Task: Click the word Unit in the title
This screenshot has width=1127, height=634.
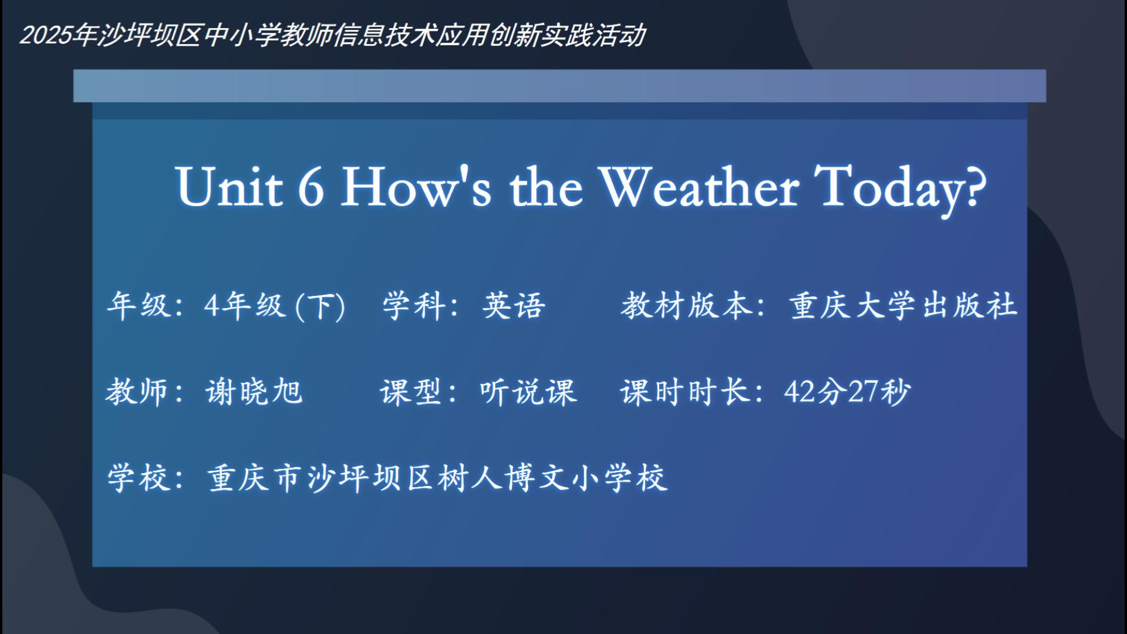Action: pyautogui.click(x=230, y=187)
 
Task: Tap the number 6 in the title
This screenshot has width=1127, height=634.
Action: pyautogui.click(x=311, y=187)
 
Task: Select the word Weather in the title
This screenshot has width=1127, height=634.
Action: pyautogui.click(x=699, y=187)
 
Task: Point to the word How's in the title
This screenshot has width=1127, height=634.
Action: pyautogui.click(x=416, y=187)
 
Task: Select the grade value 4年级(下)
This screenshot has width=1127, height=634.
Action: pyautogui.click(x=275, y=306)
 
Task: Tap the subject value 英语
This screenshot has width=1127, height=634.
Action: pyautogui.click(x=514, y=306)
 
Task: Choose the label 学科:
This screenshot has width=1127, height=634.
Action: pyautogui.click(x=420, y=306)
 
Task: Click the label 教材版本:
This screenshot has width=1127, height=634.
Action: pyautogui.click(x=693, y=306)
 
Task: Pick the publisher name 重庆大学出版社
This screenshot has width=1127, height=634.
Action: pyautogui.click(x=903, y=306)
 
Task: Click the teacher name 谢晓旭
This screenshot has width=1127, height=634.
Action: pyautogui.click(x=254, y=392)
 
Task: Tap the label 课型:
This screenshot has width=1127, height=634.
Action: pyautogui.click(x=418, y=392)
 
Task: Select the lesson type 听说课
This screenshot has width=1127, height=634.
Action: pyautogui.click(x=528, y=392)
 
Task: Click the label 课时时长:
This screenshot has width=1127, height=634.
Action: pyautogui.click(x=692, y=392)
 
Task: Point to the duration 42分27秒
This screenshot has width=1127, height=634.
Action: pyautogui.click(x=847, y=392)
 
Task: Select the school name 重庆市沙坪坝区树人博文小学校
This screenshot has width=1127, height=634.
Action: pyautogui.click(x=437, y=477)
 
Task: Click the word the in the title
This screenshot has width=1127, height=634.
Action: pyautogui.click(x=546, y=187)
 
